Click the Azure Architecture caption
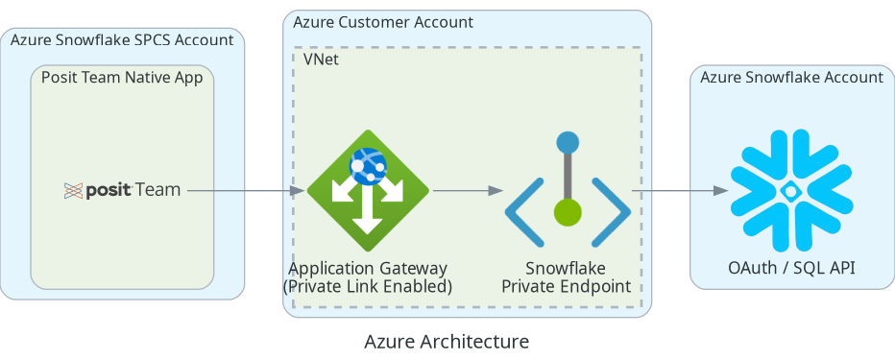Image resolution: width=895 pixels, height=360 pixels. point(447,341)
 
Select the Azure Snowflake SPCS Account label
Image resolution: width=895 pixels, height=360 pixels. point(122,40)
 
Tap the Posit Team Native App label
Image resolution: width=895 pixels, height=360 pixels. point(122,78)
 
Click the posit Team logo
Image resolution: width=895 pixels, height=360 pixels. point(122,190)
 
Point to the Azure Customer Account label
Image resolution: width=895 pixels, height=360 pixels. point(383,22)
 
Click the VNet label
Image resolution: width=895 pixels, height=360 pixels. point(321,60)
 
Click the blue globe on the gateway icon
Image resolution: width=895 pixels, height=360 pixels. point(367,165)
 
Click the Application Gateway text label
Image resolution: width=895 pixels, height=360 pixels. point(368,269)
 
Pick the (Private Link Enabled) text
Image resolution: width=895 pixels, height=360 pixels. point(368,286)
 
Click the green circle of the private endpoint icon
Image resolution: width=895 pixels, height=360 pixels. point(568,212)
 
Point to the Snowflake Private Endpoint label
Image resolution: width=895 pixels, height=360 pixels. point(567,277)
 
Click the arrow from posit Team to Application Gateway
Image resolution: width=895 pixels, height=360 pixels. point(246,191)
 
